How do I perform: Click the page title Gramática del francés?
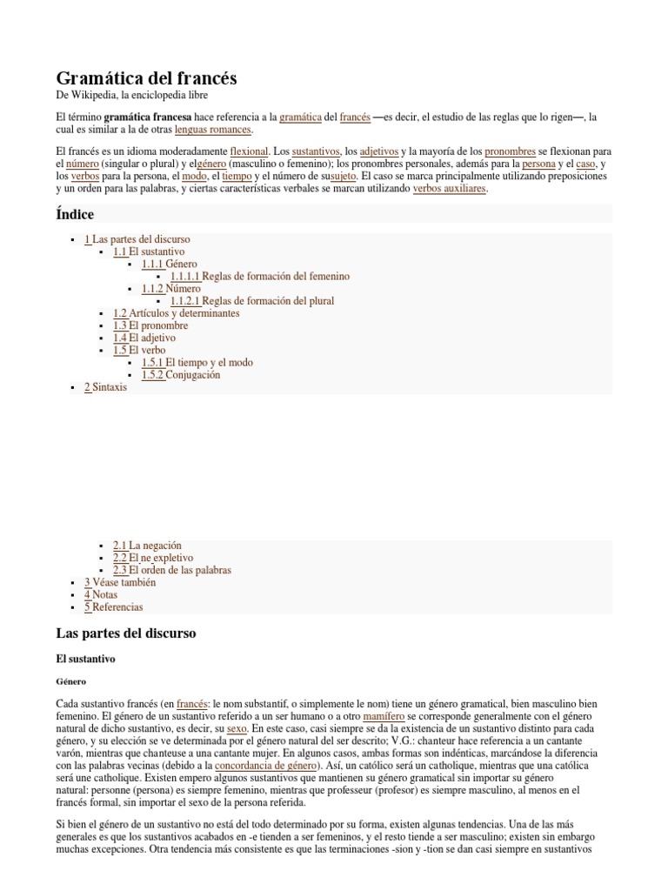(146, 78)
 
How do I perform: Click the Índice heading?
(75, 214)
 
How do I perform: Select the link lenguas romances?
(213, 130)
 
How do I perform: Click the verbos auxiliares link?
(449, 188)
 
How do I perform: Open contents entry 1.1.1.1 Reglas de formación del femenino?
(260, 276)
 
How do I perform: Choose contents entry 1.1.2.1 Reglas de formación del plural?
(252, 301)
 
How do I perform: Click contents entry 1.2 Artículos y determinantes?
(176, 313)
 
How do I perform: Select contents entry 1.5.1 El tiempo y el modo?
(197, 362)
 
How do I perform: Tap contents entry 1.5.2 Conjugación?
(181, 375)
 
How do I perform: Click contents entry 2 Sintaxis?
(105, 387)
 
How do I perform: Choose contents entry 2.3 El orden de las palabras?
(172, 570)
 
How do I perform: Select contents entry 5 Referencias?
(113, 606)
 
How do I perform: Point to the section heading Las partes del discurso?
(126, 633)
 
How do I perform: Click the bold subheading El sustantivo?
(85, 660)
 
